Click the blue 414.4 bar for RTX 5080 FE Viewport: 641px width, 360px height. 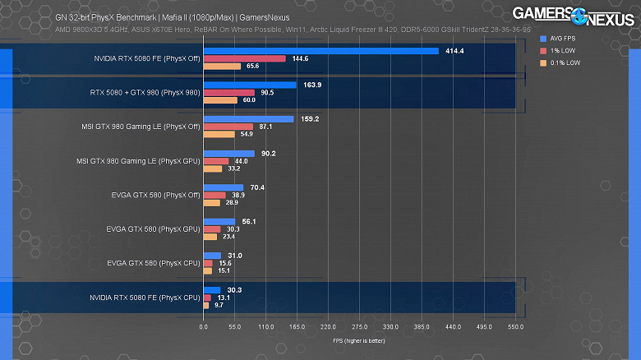(320, 51)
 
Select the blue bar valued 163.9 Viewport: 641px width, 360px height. (250, 85)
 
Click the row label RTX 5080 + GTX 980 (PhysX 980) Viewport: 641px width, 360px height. (145, 92)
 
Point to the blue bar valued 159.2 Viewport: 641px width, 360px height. (248, 118)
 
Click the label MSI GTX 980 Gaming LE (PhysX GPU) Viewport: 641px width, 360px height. (138, 160)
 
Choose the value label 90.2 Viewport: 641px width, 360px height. (268, 153)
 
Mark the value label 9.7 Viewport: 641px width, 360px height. (219, 305)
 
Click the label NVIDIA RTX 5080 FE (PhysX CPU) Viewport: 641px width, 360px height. (145, 297)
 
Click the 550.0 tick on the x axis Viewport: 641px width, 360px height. (516, 326)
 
